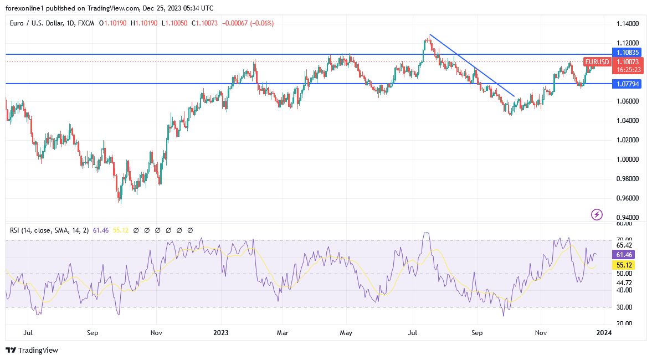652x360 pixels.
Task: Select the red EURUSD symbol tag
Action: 597,62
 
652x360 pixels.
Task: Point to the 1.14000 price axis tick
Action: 628,24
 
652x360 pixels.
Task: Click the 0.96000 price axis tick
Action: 628,198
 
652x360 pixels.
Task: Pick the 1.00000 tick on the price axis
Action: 628,160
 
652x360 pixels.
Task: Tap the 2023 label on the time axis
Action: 220,333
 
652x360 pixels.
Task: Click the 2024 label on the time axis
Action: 604,333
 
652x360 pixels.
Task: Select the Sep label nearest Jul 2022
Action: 93,333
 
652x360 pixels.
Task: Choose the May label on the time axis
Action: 346,333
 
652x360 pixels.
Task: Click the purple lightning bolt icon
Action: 597,214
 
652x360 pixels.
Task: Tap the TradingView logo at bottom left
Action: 32,350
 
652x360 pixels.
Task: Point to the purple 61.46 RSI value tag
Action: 624,254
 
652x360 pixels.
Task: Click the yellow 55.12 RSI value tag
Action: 624,265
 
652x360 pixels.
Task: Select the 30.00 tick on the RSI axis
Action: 624,307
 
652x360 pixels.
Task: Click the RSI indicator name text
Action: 48,230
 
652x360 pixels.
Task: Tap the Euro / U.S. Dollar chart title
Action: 42,23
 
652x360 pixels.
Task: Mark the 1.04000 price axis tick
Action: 628,121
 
